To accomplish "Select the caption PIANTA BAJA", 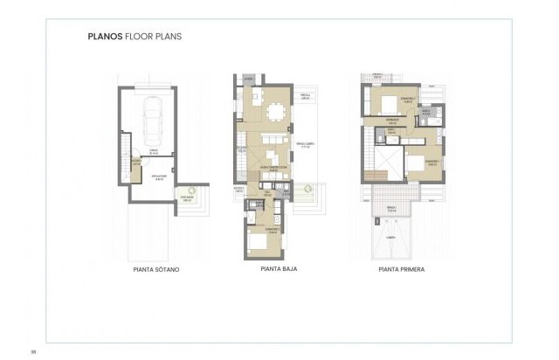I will (x=279, y=269).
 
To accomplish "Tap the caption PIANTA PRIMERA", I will (x=401, y=270).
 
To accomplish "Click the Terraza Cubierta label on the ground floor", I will (x=306, y=146).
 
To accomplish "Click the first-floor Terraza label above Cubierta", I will (x=392, y=206).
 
